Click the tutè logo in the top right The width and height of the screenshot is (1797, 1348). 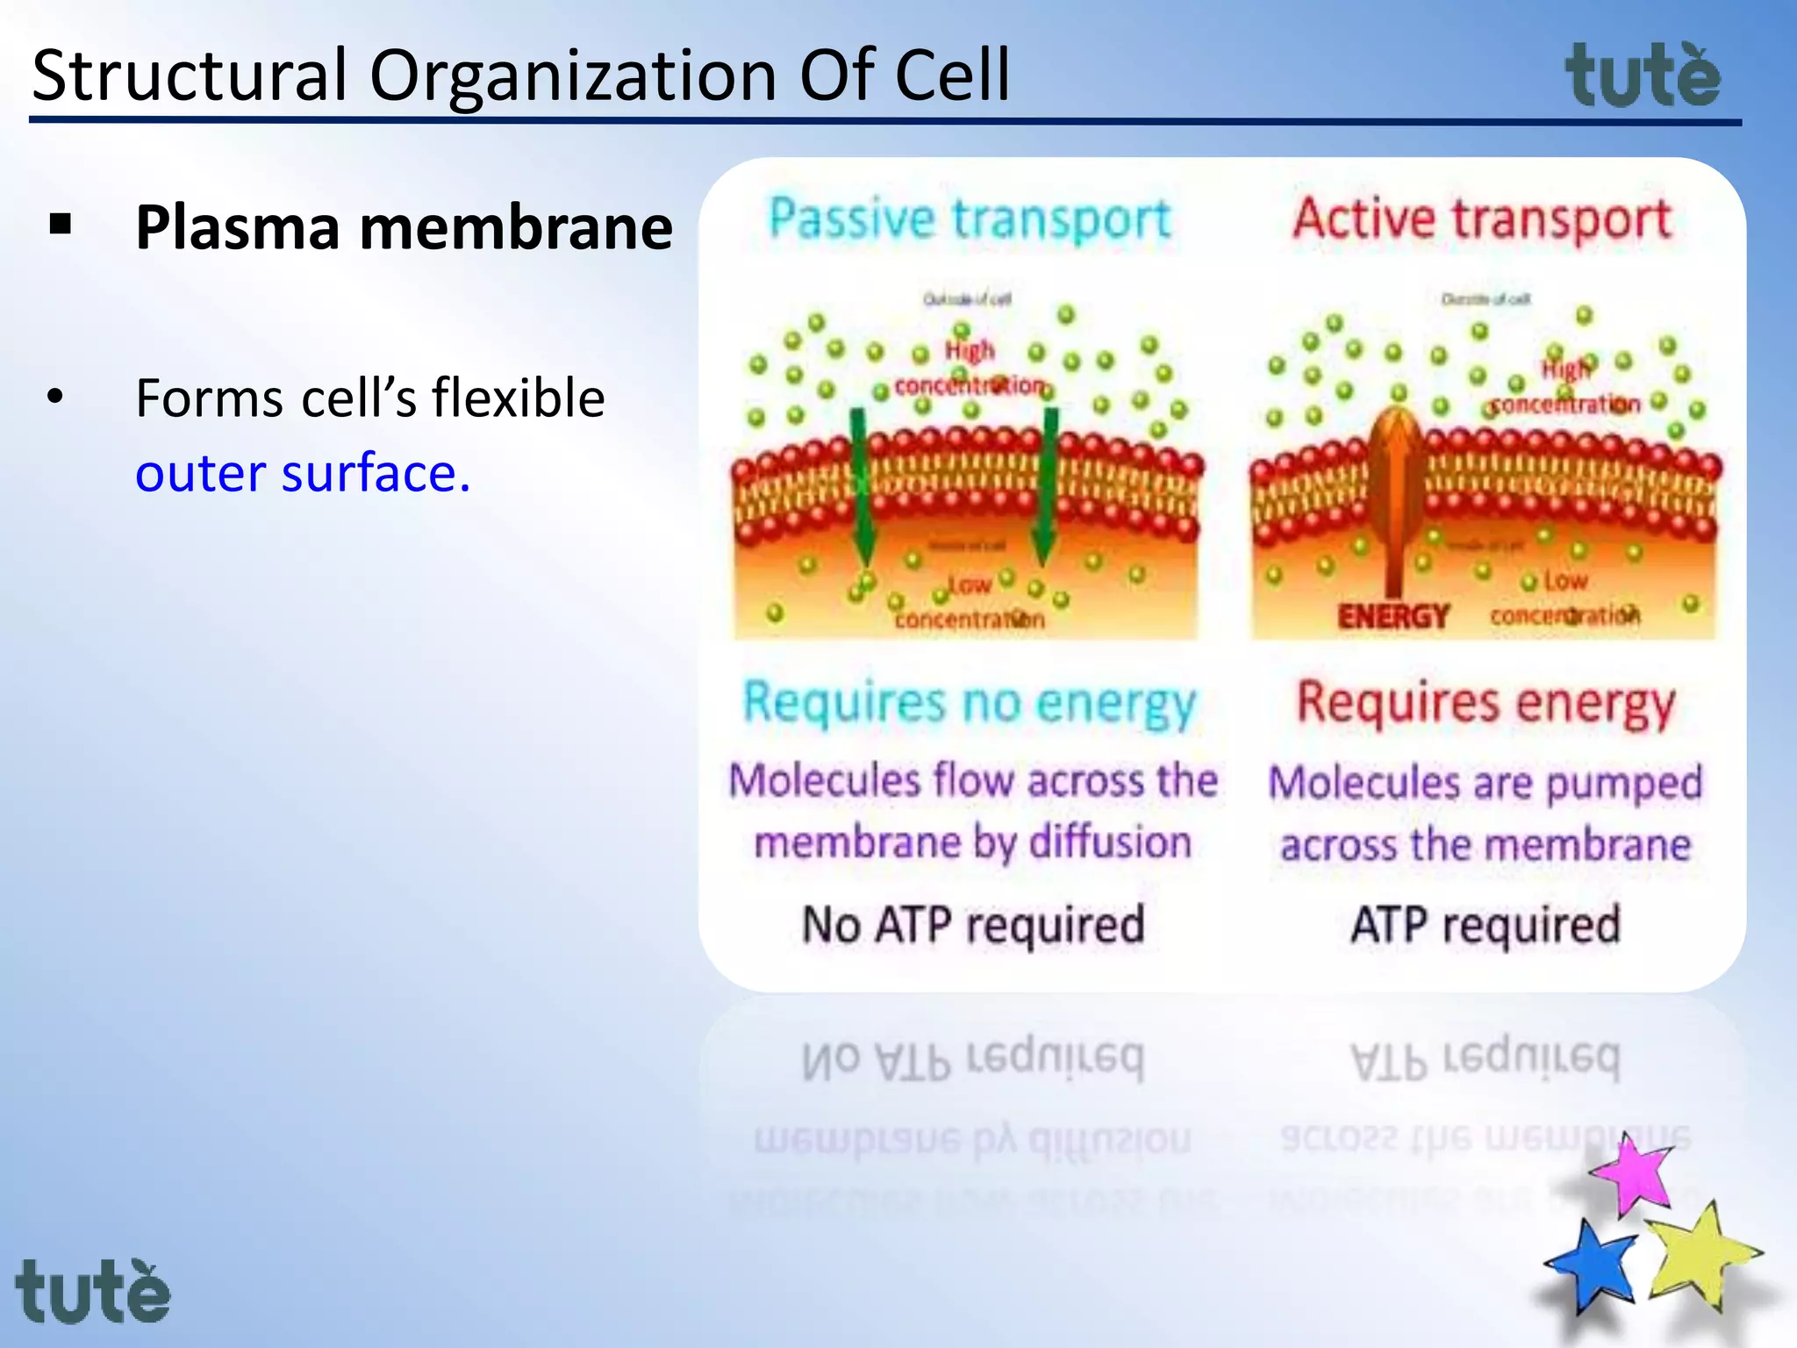click(x=1643, y=77)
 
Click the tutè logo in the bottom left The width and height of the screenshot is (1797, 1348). click(x=93, y=1292)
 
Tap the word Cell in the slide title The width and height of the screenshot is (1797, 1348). click(x=952, y=75)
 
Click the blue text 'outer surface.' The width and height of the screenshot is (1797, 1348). click(x=303, y=474)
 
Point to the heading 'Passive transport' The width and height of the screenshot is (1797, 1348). click(x=970, y=219)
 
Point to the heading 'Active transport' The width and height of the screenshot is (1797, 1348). click(x=1482, y=219)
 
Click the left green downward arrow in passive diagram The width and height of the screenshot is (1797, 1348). click(x=861, y=491)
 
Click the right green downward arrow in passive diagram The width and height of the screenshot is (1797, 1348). click(x=1047, y=491)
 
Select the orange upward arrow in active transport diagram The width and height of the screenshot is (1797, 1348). click(x=1394, y=491)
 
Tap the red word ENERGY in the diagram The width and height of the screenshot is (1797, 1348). click(x=1392, y=617)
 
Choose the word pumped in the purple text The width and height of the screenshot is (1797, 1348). click(x=1623, y=784)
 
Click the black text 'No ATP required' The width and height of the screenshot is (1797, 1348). click(x=973, y=925)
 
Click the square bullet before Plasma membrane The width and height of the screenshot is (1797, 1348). click(x=61, y=225)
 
